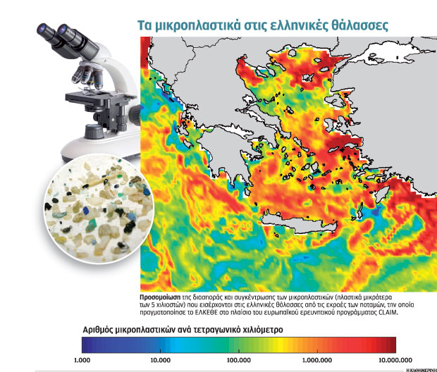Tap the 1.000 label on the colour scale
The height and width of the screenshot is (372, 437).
(x=82, y=359)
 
